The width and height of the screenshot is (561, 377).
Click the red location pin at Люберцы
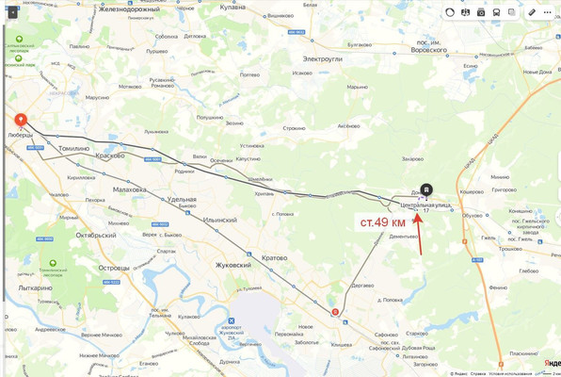click(x=20, y=122)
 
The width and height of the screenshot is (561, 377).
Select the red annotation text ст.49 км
click(x=383, y=221)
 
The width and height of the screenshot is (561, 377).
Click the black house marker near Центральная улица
click(x=426, y=188)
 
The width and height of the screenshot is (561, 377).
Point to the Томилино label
click(x=73, y=148)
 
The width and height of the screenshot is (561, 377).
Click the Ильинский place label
click(x=218, y=219)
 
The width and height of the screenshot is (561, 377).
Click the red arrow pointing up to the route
click(x=420, y=230)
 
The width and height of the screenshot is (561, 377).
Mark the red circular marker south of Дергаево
click(x=336, y=312)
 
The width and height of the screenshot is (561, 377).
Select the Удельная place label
click(x=181, y=200)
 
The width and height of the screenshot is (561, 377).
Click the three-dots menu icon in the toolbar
click(x=547, y=11)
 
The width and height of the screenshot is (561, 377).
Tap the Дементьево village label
click(x=403, y=237)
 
